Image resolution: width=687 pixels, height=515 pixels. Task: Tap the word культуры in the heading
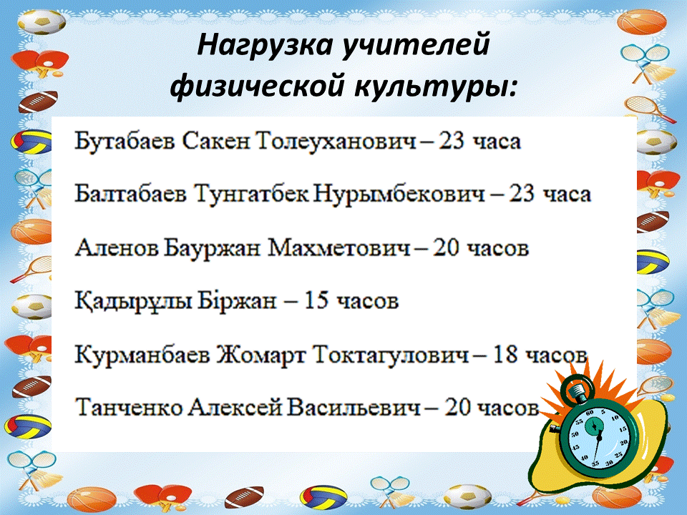[435, 86]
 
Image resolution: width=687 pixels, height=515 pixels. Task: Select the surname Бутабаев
[125, 142]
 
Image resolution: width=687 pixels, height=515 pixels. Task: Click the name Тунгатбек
[251, 194]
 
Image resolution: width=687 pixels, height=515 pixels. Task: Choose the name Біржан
[237, 301]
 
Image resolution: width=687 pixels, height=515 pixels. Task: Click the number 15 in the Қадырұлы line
[316, 301]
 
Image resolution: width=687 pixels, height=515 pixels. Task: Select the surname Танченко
[129, 408]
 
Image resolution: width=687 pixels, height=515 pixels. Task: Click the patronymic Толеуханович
[336, 142]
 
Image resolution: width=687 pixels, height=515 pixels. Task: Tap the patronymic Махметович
[339, 248]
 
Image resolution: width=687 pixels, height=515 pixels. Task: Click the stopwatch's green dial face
[598, 437]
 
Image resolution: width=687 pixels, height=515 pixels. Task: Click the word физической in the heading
[257, 86]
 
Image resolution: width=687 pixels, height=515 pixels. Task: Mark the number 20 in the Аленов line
[446, 248]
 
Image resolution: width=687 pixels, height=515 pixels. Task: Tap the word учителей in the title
[415, 46]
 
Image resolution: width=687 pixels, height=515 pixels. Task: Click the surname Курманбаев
[142, 355]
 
